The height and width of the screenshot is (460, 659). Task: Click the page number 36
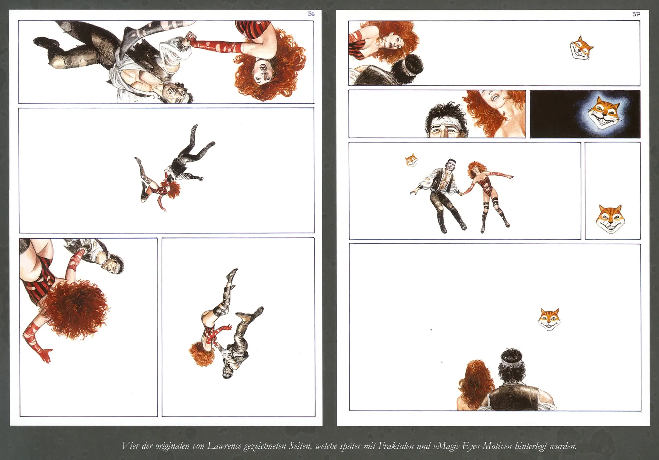(311, 14)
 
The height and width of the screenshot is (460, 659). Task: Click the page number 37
(636, 14)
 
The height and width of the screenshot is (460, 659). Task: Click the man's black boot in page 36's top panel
(46, 43)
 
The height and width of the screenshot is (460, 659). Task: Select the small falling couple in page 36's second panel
(175, 168)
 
